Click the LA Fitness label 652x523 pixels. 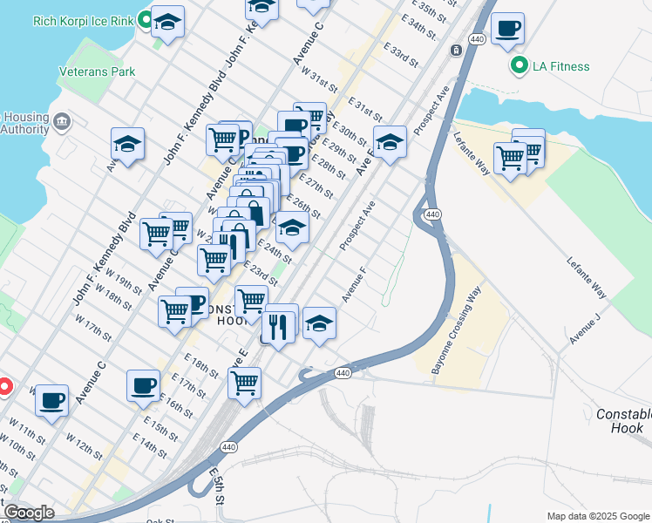(x=561, y=66)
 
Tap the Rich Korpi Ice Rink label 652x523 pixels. (x=85, y=20)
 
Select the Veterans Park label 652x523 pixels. (x=97, y=71)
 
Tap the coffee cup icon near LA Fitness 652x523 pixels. (x=507, y=29)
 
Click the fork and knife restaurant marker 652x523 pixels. (x=278, y=327)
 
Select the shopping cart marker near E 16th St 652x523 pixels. (x=244, y=382)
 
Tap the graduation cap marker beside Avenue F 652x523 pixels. (x=320, y=323)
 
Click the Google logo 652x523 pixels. (x=29, y=513)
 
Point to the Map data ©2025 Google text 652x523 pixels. (x=598, y=516)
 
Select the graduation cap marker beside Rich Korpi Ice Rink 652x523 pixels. (x=167, y=21)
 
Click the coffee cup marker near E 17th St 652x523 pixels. (x=143, y=384)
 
